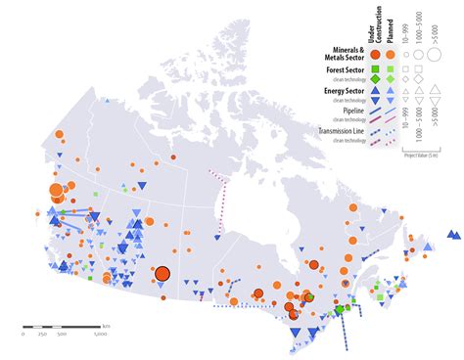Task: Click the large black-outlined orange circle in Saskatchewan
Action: coord(162,275)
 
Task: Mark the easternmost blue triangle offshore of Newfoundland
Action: coord(455,234)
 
